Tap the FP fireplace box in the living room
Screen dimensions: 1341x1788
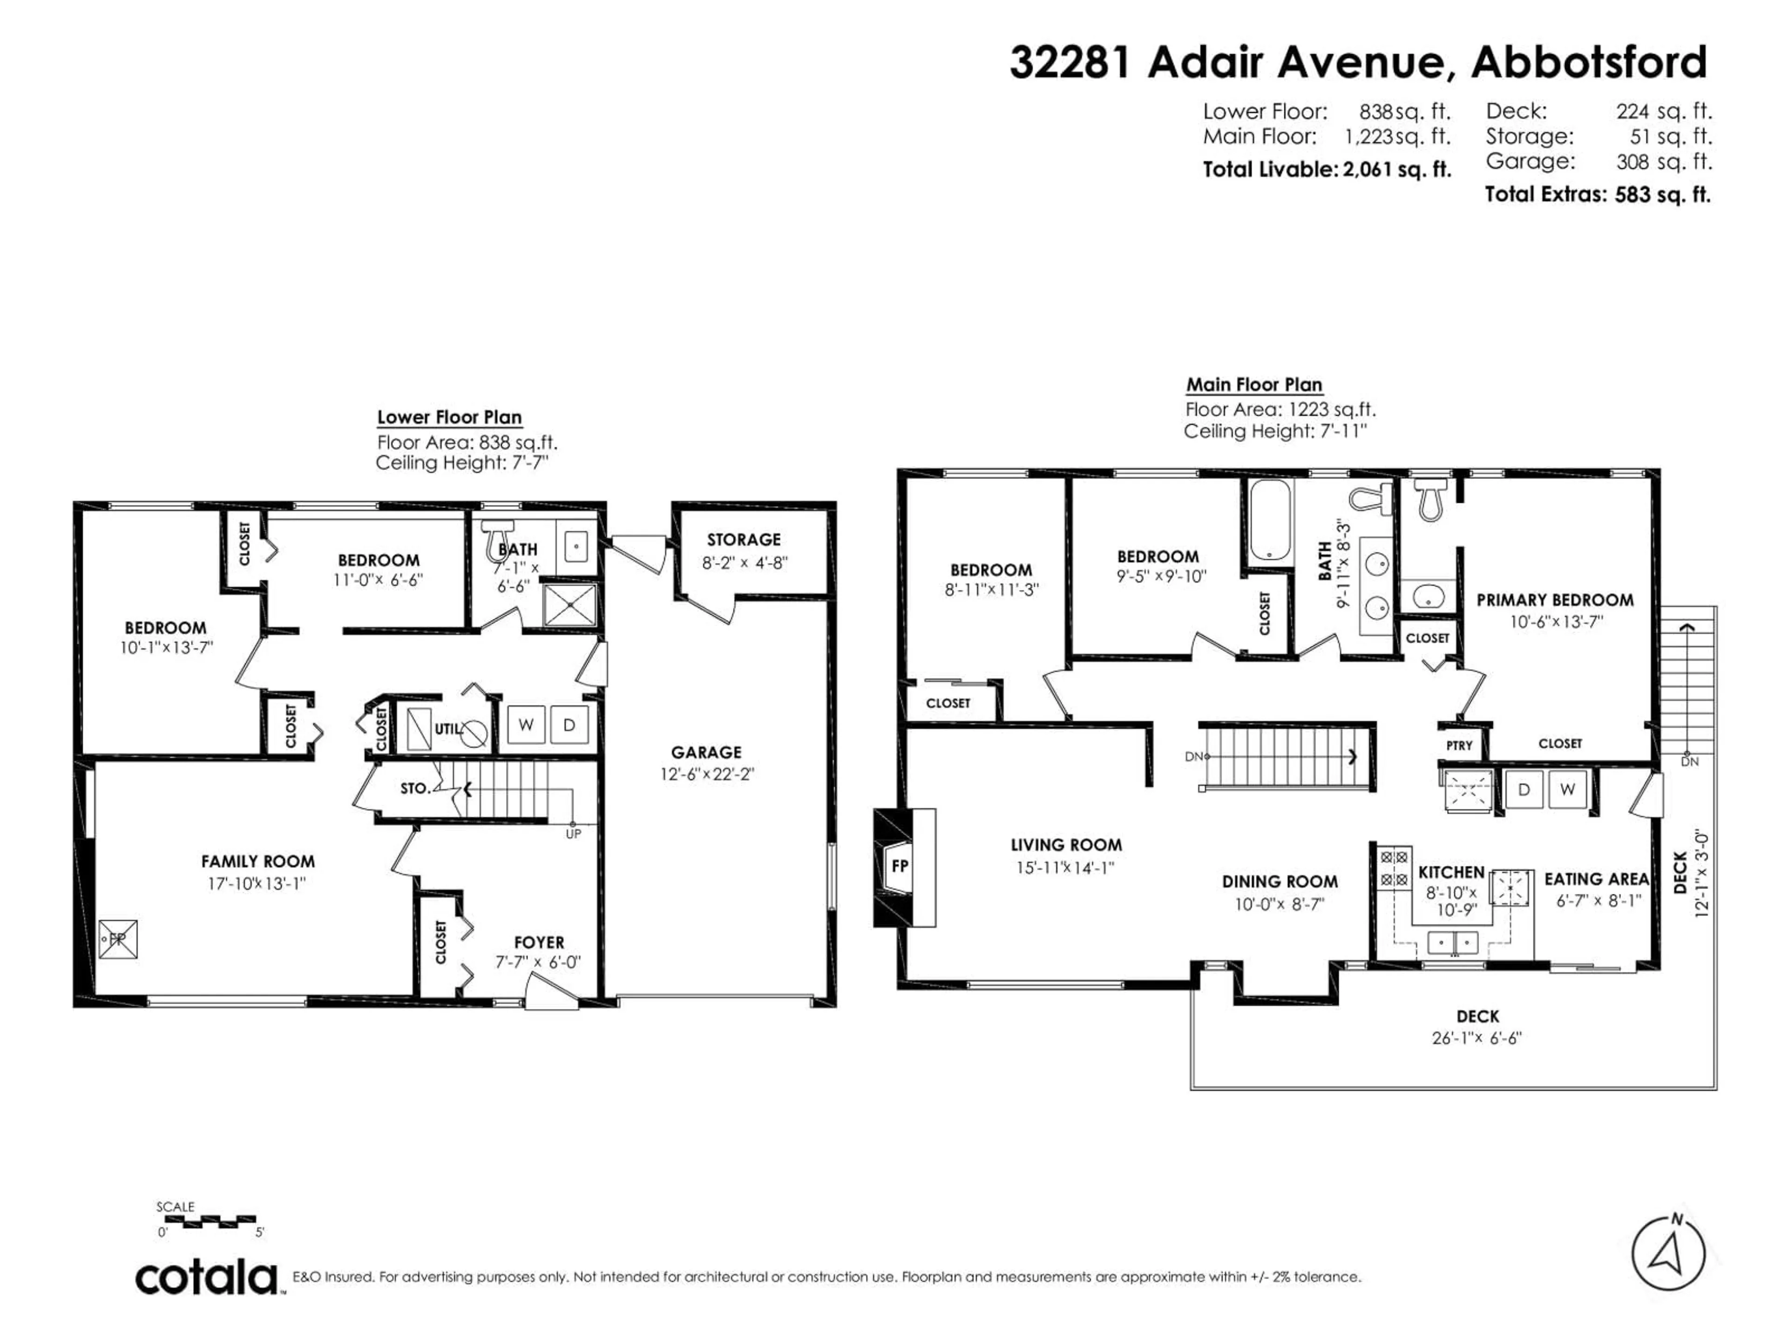point(899,866)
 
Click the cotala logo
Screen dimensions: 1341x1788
point(207,1279)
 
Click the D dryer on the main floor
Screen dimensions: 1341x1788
point(1524,789)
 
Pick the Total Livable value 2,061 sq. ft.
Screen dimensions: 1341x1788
point(1397,170)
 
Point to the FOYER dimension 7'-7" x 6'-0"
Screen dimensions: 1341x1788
point(538,963)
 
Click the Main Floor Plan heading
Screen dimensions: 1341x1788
point(1254,385)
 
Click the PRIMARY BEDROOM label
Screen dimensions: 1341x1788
point(1554,600)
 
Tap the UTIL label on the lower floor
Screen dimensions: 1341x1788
point(447,729)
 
